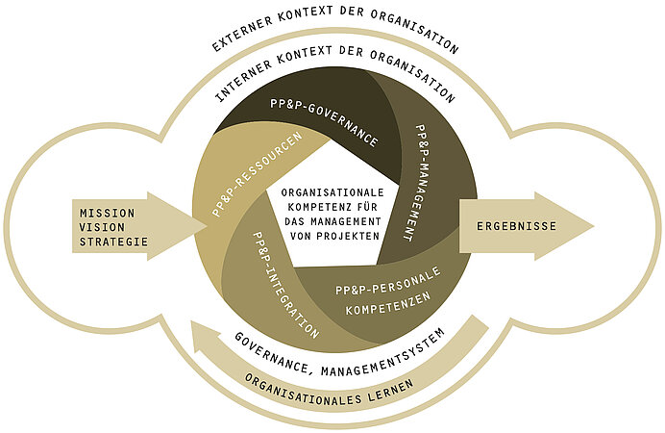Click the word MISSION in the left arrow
point(108,213)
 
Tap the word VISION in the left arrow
point(102,227)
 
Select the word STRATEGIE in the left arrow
point(113,242)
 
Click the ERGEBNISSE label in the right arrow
point(517,226)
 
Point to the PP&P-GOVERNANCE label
point(325,122)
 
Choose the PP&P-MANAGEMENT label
point(415,183)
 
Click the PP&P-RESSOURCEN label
point(258,174)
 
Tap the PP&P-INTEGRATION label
point(285,285)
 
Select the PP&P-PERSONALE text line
point(388,281)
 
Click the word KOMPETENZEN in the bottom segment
point(388,303)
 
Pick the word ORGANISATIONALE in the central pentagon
point(332,192)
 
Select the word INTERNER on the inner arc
point(243,81)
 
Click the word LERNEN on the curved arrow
point(391,391)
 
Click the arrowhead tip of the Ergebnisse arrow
point(594,226)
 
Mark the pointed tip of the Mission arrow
point(208,226)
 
